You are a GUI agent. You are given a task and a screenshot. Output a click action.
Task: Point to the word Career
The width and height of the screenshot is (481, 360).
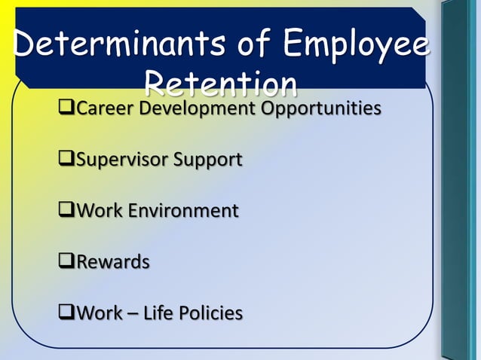[x=102, y=108]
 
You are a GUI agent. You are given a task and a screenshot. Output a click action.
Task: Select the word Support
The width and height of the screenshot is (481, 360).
[x=209, y=160]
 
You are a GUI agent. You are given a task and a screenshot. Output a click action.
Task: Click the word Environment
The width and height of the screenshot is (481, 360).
[x=183, y=211]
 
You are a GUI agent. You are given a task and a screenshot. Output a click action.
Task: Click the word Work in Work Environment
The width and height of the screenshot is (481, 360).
[x=100, y=211]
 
